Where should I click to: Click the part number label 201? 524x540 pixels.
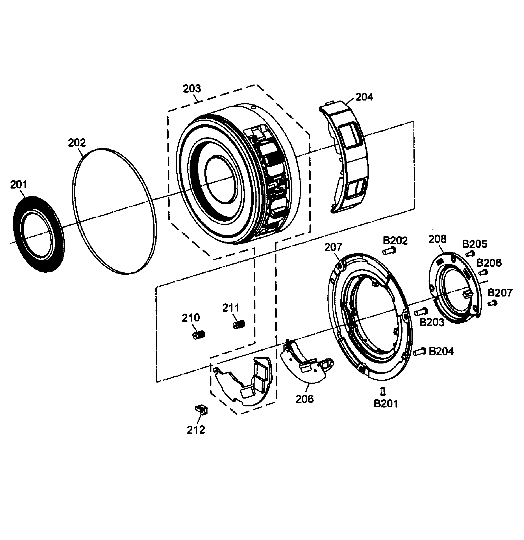[x=19, y=184]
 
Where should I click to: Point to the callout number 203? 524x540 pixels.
[x=192, y=88]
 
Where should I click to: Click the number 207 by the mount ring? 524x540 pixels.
[x=333, y=247]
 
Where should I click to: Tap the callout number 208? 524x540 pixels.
[x=437, y=239]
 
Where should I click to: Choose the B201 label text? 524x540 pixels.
[x=386, y=404]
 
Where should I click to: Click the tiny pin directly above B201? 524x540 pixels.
[x=383, y=391]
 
